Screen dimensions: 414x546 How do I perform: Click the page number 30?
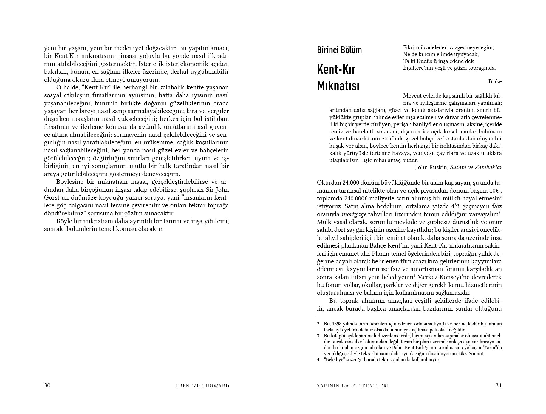47,385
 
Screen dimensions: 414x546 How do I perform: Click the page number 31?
499,385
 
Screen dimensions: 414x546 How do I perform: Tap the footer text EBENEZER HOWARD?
202,386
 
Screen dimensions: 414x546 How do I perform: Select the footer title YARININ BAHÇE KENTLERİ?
353,386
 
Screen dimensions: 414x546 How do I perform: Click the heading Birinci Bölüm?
339,50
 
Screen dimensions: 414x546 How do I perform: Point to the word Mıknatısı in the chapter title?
338,86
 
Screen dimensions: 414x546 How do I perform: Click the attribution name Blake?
495,81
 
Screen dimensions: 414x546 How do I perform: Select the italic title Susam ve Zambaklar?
476,167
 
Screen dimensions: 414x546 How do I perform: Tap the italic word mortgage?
354,214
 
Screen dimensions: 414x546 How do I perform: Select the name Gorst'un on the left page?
54,197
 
